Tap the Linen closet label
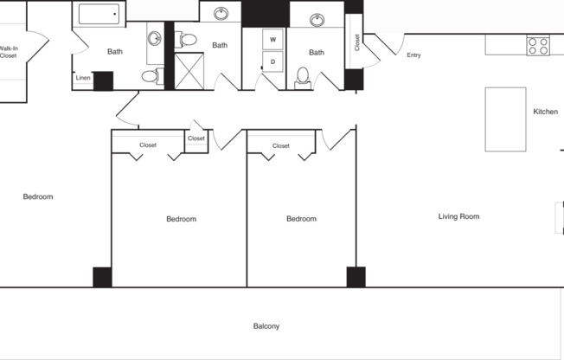click(83, 78)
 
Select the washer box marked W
click(273, 40)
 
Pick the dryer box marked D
click(273, 61)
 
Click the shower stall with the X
click(189, 70)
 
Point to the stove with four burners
click(538, 45)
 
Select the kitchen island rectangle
click(505, 119)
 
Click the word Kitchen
click(545, 112)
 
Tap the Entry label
click(413, 55)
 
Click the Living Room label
click(458, 216)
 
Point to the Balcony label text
click(266, 326)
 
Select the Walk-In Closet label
click(9, 52)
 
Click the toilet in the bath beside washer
click(303, 76)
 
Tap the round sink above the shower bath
click(222, 13)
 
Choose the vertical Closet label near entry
click(357, 42)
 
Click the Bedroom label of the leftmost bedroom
click(38, 196)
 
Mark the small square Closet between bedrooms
click(196, 139)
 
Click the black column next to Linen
click(103, 80)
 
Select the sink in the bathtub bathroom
click(154, 38)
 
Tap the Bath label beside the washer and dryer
click(317, 53)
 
